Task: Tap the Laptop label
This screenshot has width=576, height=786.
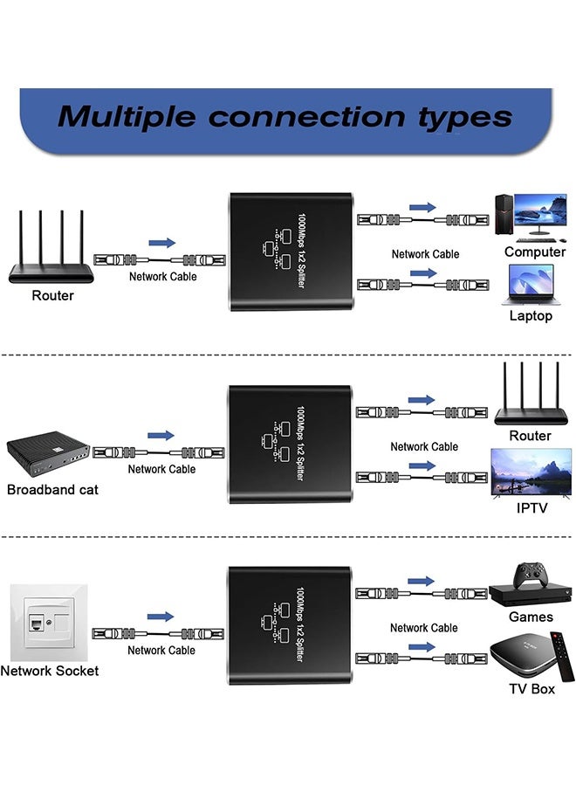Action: pos(531,315)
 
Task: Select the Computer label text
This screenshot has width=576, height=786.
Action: pos(535,252)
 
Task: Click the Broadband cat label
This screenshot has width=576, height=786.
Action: pos(52,489)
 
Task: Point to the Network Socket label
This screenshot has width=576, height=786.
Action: pos(50,671)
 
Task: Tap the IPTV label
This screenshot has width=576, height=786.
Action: pos(531,507)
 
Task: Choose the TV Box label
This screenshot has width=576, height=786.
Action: pos(531,689)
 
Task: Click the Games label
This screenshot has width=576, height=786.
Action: pos(531,617)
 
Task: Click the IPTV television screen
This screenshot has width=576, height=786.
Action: pos(531,472)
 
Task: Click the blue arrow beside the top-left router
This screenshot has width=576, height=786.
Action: pos(161,243)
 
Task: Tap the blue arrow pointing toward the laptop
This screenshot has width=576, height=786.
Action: pos(422,273)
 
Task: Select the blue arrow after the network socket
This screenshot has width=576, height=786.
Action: pos(161,617)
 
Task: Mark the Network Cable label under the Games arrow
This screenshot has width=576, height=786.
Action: pos(424,628)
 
